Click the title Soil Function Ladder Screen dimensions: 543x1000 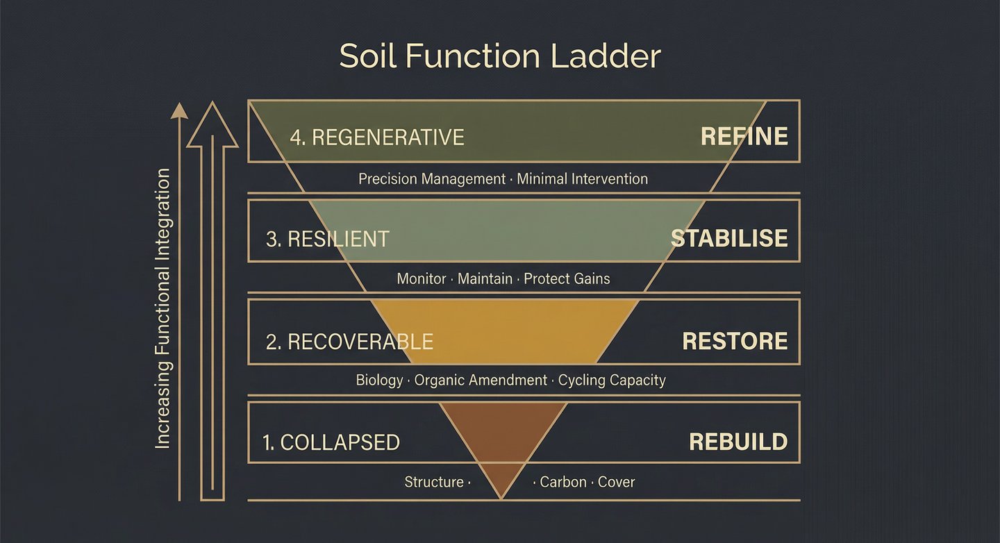tap(500, 56)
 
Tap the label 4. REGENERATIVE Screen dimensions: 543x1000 tap(377, 137)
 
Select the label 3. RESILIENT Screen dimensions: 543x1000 tap(327, 239)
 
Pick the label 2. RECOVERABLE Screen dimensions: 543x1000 tap(349, 342)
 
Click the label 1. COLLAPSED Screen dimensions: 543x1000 tap(331, 442)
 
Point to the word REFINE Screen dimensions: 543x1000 tap(744, 136)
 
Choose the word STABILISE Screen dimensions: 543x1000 tap(728, 239)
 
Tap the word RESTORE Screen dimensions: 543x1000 tap(735, 341)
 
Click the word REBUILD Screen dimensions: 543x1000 tap(738, 442)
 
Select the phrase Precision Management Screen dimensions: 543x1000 tap(432, 179)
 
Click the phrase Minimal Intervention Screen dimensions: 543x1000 tap(583, 179)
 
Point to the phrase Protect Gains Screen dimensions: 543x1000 tap(567, 279)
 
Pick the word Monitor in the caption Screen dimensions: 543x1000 tap(422, 279)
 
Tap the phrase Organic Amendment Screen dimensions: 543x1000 tap(481, 381)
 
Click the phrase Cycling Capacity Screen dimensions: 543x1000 tap(612, 381)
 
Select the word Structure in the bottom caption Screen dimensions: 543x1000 tap(434, 482)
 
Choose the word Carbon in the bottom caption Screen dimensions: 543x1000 tap(563, 482)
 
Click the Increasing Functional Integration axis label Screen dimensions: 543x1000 tap(162, 309)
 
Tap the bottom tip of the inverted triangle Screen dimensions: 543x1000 tap(501, 497)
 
